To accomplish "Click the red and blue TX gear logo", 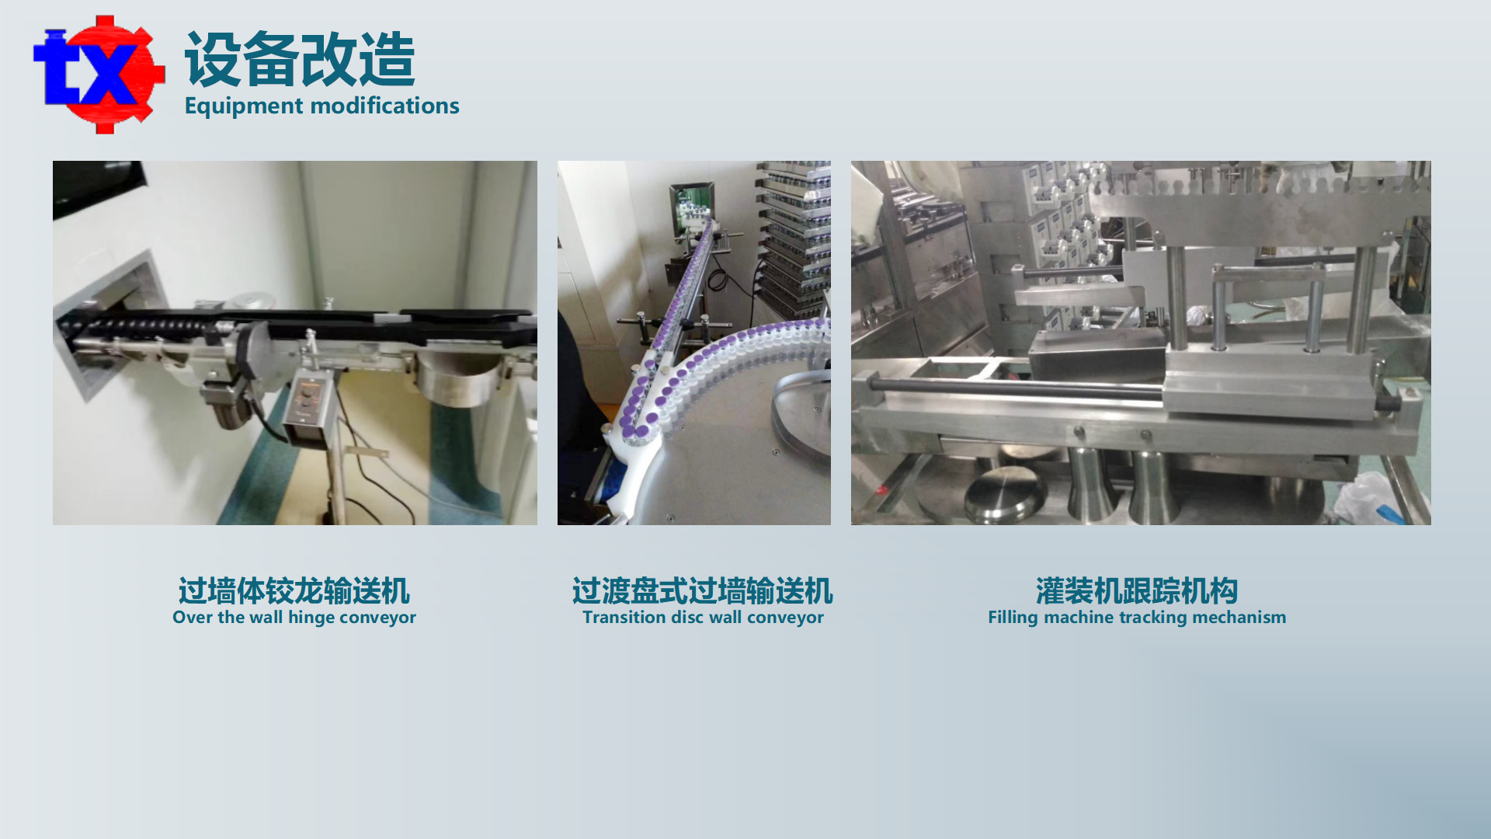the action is [99, 75].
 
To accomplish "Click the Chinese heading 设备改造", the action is [300, 60].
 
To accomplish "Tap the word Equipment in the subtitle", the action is [244, 106].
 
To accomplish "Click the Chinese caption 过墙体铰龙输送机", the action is [294, 591].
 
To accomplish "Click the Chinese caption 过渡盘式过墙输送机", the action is [703, 591].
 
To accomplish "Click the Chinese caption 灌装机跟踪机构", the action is [1137, 591].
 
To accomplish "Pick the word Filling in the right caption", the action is [1013, 618].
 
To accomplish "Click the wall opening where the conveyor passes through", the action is [109, 326].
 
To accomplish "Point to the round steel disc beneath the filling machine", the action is [1005, 494].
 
